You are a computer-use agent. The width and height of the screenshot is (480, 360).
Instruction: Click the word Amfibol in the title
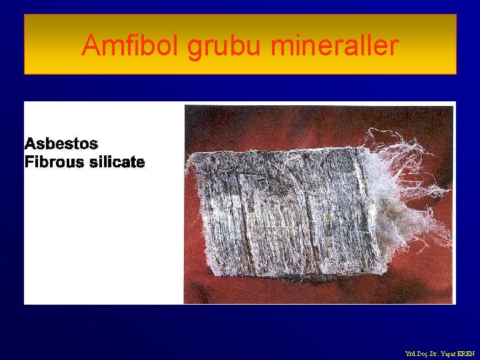[131, 46]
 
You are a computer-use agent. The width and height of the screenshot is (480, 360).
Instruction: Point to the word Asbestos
[61, 143]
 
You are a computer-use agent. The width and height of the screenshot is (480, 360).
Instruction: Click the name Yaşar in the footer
[449, 353]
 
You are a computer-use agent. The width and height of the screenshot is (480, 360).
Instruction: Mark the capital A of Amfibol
[91, 46]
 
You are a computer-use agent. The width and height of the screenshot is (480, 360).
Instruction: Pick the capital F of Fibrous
[29, 162]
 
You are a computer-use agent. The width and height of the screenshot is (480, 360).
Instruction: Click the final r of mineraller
[395, 46]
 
